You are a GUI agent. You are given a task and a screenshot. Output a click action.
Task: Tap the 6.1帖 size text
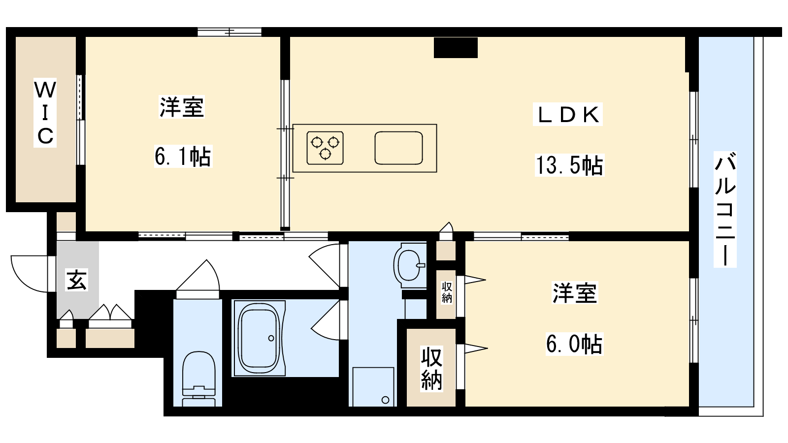[183, 156]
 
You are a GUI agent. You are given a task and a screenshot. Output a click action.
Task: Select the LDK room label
[568, 114]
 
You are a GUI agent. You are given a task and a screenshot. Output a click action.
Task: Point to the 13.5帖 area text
[569, 165]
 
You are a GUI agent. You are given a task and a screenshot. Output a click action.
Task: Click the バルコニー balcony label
[725, 209]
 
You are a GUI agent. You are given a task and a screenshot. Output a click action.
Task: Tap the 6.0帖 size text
[574, 344]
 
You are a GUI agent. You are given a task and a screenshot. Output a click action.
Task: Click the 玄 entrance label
[76, 280]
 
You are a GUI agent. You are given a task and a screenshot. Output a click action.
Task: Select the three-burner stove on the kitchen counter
[325, 148]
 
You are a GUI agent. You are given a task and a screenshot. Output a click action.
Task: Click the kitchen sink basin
[398, 148]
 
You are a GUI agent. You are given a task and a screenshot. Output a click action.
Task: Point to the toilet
[199, 379]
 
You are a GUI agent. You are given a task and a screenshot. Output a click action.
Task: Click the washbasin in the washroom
[409, 265]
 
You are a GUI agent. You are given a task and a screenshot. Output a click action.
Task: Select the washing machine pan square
[373, 387]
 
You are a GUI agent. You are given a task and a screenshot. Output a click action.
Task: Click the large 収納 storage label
[431, 369]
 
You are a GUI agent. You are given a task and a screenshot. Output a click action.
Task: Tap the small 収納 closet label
[447, 292]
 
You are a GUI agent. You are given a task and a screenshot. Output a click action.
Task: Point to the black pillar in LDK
[456, 47]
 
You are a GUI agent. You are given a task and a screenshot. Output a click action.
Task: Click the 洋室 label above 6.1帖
[182, 106]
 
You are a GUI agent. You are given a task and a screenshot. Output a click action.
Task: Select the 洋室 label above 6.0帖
[575, 293]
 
